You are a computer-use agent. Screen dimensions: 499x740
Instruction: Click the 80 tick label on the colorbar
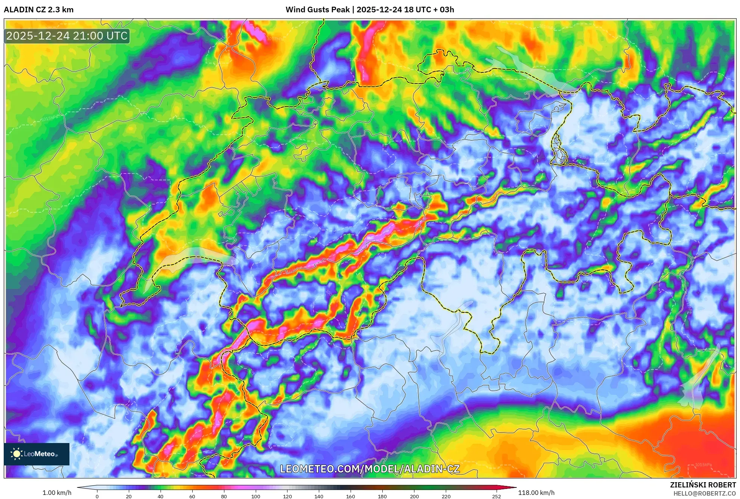tap(224, 496)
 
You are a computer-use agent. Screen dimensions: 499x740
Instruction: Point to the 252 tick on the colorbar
tap(496, 496)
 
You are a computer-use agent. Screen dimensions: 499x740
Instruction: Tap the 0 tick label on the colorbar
tap(97, 496)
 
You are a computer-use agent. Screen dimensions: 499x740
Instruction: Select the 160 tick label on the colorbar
tap(350, 496)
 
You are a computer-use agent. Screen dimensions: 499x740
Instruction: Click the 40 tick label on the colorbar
tap(160, 496)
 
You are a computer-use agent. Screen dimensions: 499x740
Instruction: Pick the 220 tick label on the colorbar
tap(446, 496)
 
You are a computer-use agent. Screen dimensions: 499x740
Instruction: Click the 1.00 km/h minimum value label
tap(57, 493)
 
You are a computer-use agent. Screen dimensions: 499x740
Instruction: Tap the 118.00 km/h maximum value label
tap(536, 493)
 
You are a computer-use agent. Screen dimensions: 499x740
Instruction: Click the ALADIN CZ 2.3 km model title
tap(39, 10)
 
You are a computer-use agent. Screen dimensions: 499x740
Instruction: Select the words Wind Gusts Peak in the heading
tap(317, 10)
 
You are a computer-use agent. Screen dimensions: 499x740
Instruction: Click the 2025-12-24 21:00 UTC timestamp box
tap(67, 36)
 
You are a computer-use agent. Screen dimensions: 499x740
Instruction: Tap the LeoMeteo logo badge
tap(37, 454)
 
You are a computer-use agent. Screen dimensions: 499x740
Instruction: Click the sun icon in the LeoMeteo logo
tap(16, 454)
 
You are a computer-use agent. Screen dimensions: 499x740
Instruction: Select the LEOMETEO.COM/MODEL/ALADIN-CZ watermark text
tap(370, 469)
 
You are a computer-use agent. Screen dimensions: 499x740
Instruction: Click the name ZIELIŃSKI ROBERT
tap(703, 485)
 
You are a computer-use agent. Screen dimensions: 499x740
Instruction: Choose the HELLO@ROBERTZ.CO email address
tap(705, 493)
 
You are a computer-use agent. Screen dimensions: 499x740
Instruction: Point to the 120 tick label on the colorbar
tap(287, 496)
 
